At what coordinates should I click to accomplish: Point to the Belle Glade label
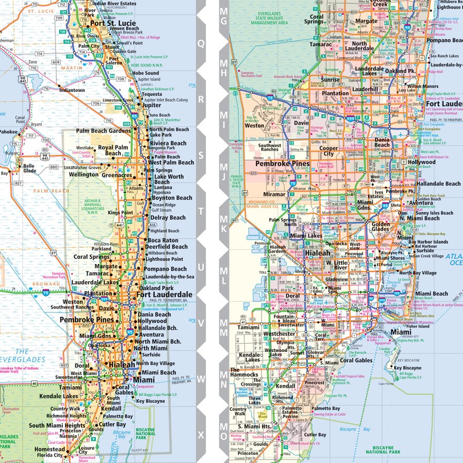(x=29, y=168)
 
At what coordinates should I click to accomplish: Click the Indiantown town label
(x=72, y=90)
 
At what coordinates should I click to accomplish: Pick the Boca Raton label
(x=163, y=240)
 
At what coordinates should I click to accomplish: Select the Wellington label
(x=84, y=174)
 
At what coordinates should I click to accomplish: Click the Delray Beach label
(x=168, y=218)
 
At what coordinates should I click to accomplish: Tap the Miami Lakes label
(x=307, y=236)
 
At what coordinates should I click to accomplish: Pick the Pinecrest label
(x=330, y=383)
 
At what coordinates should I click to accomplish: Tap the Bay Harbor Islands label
(x=431, y=241)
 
